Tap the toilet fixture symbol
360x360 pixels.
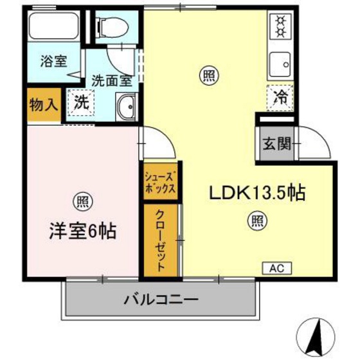[x=111, y=26]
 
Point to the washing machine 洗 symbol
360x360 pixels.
[x=81, y=102]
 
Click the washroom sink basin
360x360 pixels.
[x=127, y=105]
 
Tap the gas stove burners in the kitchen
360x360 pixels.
[x=280, y=25]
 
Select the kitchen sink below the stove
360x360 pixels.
[x=280, y=63]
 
